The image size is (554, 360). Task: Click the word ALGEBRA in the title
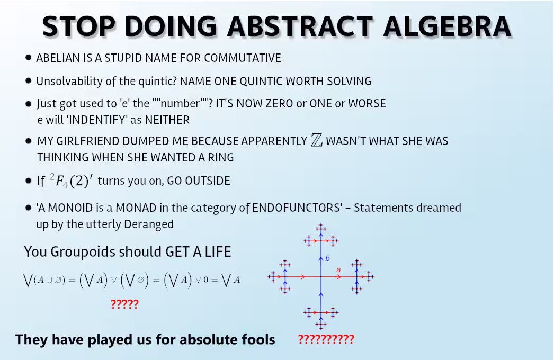[448, 26]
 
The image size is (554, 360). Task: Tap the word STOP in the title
[79, 26]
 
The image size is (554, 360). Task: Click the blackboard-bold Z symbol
[317, 140]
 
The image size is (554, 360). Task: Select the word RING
[221, 158]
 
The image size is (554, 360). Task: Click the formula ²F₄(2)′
[71, 181]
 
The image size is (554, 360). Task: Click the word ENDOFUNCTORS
[296, 208]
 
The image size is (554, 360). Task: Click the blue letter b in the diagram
[327, 258]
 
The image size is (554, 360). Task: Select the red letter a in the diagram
[338, 270]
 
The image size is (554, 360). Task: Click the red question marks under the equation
[124, 304]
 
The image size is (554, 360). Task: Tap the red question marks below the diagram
[326, 339]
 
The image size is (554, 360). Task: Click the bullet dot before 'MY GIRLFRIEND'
[29, 141]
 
